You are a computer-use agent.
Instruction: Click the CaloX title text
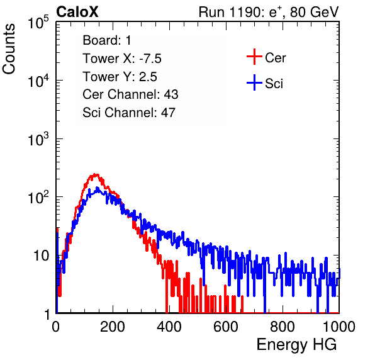tap(77, 12)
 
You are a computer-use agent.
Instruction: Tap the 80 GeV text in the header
tap(314, 12)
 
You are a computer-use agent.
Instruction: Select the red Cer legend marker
tap(254, 57)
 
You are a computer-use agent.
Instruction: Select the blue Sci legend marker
tap(254, 82)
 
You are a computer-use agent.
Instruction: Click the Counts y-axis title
tap(9, 49)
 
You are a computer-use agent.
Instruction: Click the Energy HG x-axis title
tap(296, 345)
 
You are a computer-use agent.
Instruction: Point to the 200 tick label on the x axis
tap(113, 327)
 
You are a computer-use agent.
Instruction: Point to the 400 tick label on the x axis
tap(169, 327)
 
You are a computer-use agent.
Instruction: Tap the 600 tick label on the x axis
tap(226, 327)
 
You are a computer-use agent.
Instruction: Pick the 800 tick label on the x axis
tap(283, 327)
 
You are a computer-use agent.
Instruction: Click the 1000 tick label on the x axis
tap(339, 327)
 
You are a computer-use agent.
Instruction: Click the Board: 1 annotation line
tap(107, 40)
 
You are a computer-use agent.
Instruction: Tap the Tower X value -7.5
tap(150, 59)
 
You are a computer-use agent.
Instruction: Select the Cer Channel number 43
tap(171, 94)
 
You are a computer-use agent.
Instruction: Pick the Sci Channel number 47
tap(168, 113)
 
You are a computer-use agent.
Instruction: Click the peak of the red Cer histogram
tap(96, 174)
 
